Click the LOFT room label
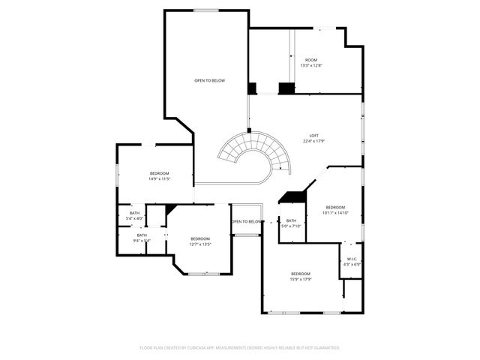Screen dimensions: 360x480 click(314, 135)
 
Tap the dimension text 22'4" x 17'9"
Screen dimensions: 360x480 click(314, 141)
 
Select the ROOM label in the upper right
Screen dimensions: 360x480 click(310, 60)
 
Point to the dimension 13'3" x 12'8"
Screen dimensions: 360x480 click(310, 66)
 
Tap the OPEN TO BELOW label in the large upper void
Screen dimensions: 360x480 click(209, 80)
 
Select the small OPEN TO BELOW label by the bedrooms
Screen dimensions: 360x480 click(247, 222)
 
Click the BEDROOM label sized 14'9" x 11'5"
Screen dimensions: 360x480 click(159, 173)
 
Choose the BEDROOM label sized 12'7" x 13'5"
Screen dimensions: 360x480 click(199, 238)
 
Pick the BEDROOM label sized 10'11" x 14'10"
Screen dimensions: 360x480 click(335, 207)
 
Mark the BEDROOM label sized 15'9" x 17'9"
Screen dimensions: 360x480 click(301, 274)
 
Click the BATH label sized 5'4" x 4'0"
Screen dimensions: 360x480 click(134, 213)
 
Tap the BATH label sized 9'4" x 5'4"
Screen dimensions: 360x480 click(142, 235)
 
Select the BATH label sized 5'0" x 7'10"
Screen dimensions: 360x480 click(291, 220)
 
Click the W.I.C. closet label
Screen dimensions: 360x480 click(352, 259)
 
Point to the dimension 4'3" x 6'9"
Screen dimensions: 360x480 click(352, 265)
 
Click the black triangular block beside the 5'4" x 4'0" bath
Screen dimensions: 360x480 click(170, 209)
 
